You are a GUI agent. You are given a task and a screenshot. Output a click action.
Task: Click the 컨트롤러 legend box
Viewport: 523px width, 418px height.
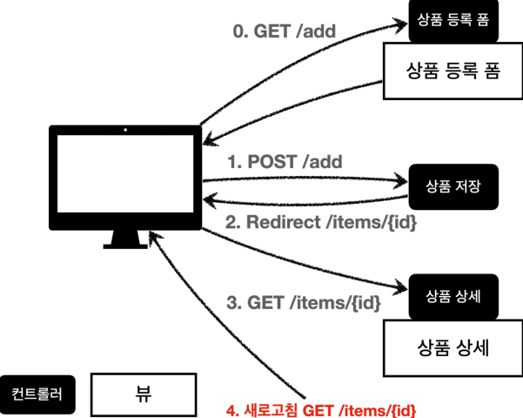37,394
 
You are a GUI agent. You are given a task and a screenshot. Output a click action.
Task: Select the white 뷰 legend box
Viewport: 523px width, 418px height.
143,394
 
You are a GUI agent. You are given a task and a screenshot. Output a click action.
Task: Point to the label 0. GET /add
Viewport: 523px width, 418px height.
284,33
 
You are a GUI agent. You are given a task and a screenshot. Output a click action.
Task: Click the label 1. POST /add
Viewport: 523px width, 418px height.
284,161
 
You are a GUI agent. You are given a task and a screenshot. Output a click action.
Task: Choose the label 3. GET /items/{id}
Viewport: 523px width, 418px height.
304,303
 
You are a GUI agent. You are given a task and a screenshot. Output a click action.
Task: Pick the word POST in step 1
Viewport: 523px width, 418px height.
272,161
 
